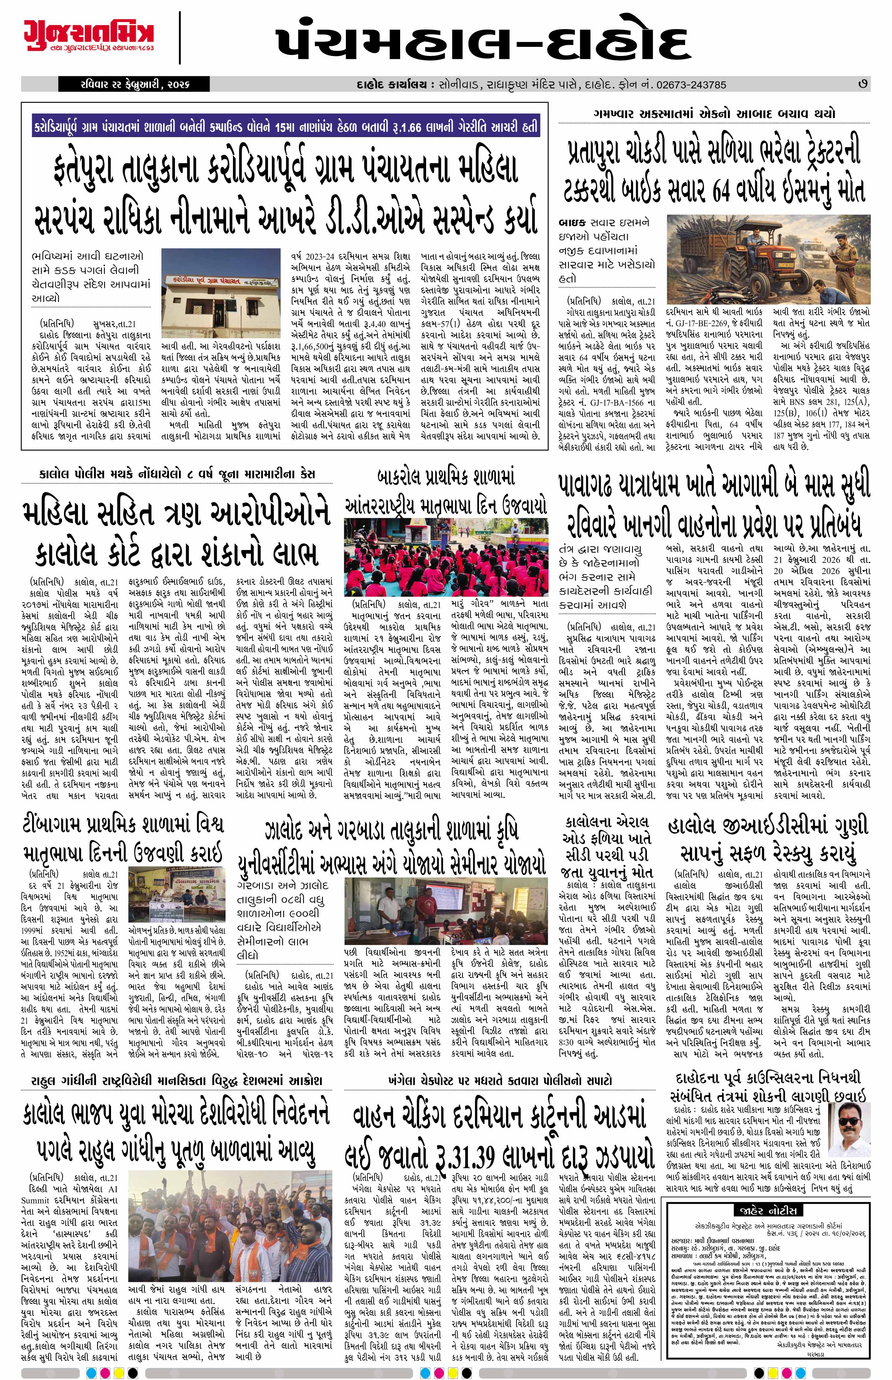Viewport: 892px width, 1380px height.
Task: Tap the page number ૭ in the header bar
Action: [x=863, y=85]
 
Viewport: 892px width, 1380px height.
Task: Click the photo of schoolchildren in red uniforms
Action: [x=445, y=557]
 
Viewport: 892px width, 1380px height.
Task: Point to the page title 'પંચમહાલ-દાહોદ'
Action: [x=482, y=42]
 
